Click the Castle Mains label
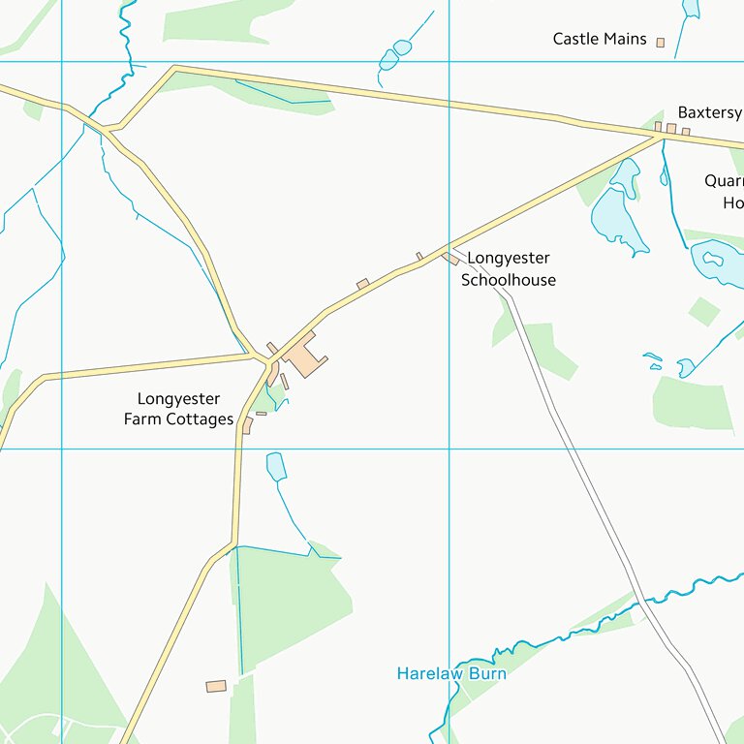tap(599, 39)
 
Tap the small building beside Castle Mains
tap(661, 43)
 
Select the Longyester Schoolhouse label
tap(509, 269)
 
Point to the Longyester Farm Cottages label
tap(178, 409)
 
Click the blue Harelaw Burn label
tap(451, 673)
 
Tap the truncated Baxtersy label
tap(709, 112)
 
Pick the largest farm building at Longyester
tap(304, 356)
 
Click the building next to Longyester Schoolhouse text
tap(451, 259)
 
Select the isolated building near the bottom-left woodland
tap(216, 686)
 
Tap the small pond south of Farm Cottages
tap(276, 466)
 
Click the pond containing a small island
tap(715, 260)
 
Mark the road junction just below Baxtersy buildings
tap(664, 138)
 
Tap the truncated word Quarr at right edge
tap(724, 181)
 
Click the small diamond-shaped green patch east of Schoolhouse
tap(704, 311)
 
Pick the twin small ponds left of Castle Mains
tap(395, 54)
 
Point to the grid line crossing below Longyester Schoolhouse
tap(449, 449)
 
